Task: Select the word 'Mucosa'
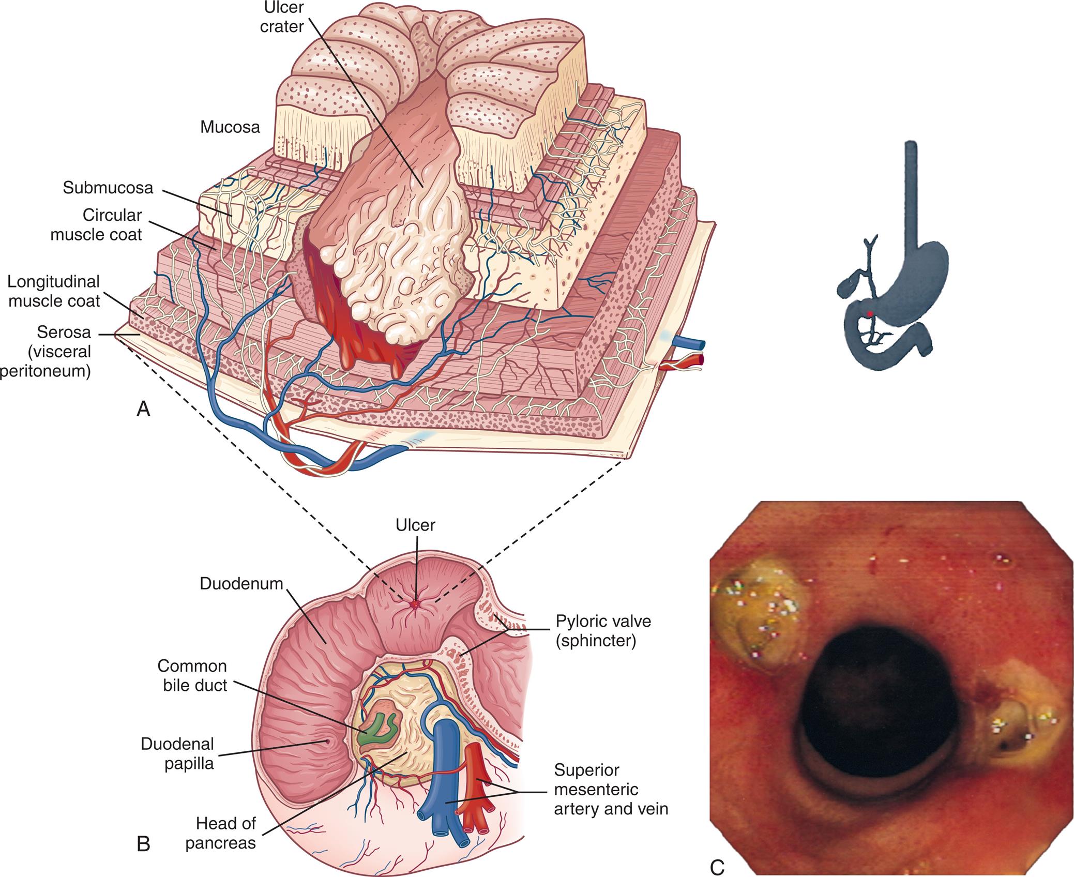click(x=230, y=127)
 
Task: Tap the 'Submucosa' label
click(x=108, y=188)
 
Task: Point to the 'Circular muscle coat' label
click(x=112, y=224)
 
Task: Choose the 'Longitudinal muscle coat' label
click(x=54, y=291)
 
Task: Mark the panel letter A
click(x=143, y=410)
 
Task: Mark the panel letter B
click(x=144, y=844)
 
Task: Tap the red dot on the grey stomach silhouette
click(x=870, y=314)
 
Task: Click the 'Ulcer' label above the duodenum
click(x=416, y=525)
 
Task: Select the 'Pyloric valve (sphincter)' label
click(x=603, y=630)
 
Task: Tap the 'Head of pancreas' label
click(x=220, y=833)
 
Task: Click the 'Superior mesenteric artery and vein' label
click(x=611, y=790)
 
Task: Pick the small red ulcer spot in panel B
click(x=415, y=603)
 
